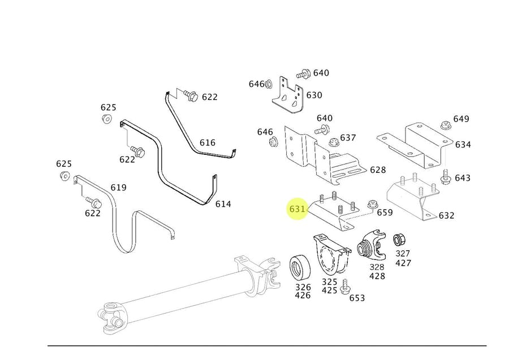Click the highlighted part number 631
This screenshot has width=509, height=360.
[x=297, y=209]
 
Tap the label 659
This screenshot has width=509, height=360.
[x=385, y=212]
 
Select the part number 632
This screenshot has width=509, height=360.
[x=446, y=215]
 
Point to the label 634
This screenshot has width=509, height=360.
[x=463, y=145]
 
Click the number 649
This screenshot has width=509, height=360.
[x=461, y=119]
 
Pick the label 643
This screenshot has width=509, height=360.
[x=462, y=178]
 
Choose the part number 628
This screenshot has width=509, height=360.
[x=377, y=170]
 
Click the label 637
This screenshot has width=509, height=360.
[x=348, y=137]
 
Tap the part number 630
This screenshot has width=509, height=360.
[x=314, y=95]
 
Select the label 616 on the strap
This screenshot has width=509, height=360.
[x=208, y=142]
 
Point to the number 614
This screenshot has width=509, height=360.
[x=223, y=203]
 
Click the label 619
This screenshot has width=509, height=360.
[x=118, y=188]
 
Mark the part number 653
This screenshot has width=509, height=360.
[x=357, y=298]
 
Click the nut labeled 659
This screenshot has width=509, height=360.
[x=372, y=205]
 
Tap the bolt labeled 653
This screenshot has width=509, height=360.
[x=344, y=287]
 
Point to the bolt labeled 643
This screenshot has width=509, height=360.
[x=445, y=177]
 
